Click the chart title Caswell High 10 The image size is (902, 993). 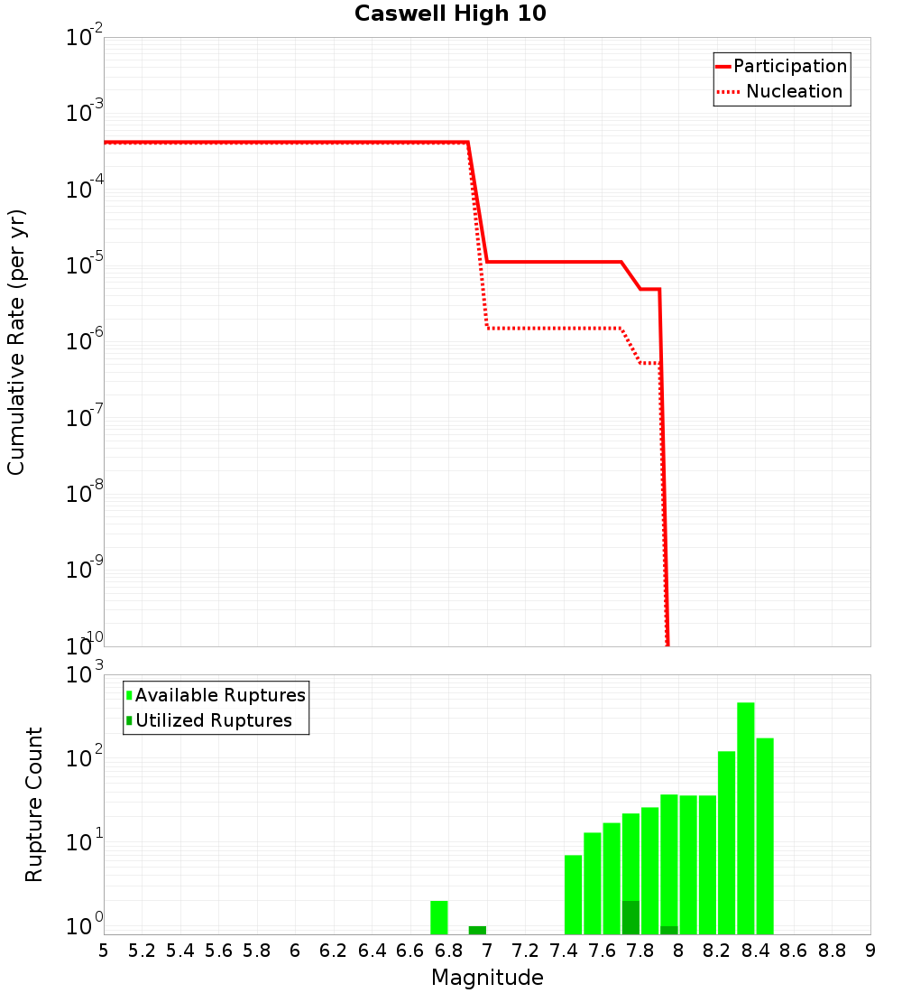(x=450, y=14)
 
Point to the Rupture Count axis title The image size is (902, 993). (x=34, y=803)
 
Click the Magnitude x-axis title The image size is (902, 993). (x=487, y=978)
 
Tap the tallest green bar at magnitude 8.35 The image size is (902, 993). (x=746, y=817)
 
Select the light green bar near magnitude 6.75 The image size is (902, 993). (x=439, y=917)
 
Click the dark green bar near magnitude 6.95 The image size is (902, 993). (x=477, y=930)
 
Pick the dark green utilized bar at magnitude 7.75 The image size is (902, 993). (x=630, y=917)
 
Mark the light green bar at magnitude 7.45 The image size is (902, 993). (x=574, y=894)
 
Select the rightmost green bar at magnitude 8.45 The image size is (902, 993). (x=765, y=835)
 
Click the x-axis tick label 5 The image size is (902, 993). (x=104, y=951)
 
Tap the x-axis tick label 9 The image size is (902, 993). (x=870, y=951)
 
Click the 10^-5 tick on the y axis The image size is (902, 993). (x=85, y=264)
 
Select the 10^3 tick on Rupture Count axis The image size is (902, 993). (x=85, y=674)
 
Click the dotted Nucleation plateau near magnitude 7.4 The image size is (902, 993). (x=564, y=328)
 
